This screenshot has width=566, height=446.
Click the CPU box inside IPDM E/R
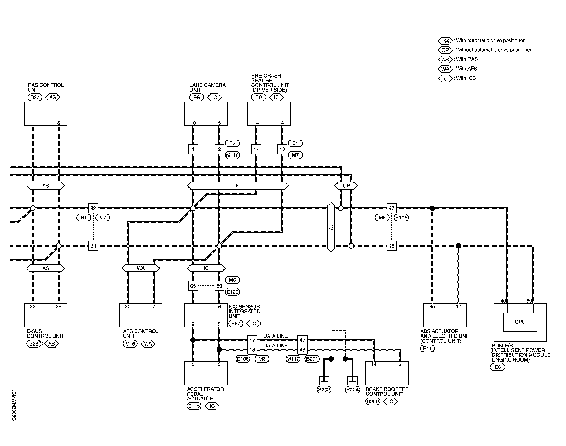pos(520,322)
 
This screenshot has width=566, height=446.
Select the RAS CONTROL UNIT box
pos(45,114)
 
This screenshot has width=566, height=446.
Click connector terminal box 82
pos(93,208)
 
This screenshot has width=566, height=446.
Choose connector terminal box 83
pos(93,246)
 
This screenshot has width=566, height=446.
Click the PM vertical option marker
pos(331,227)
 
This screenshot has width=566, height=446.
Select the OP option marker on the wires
pos(346,185)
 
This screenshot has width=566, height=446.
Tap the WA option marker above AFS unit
pos(141,268)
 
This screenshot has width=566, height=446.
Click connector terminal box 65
pos(193,286)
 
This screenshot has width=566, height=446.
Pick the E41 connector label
pos(427,349)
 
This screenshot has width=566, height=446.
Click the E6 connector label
pos(498,367)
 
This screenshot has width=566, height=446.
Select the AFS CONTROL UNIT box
pos(141,315)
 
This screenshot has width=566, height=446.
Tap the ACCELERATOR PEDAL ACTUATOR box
pos(206,373)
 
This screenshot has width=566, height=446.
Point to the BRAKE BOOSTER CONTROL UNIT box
pos(387,373)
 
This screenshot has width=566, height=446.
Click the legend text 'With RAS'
pos(467,59)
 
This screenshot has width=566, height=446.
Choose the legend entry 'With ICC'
pos(466,78)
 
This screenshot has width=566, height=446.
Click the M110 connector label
pos(232,155)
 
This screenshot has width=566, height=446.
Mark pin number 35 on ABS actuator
pos(432,307)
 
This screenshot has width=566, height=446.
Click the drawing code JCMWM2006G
pos(14,405)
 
